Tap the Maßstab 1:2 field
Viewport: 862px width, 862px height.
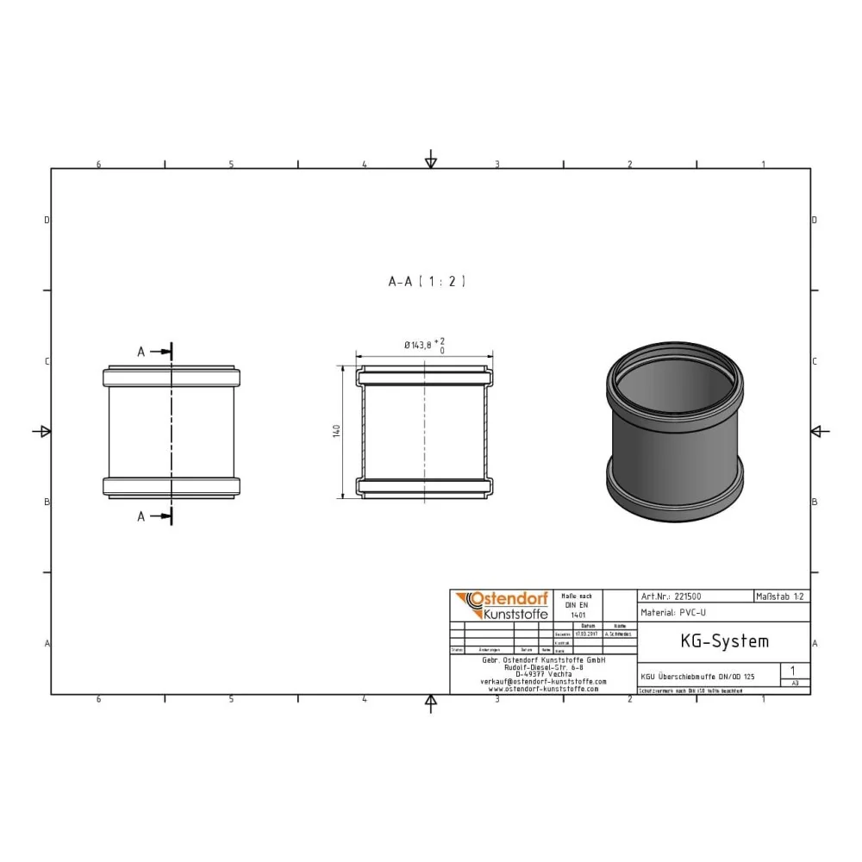pyautogui.click(x=781, y=596)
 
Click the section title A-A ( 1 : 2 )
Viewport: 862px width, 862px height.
pyautogui.click(x=427, y=281)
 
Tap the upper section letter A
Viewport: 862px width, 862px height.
pyautogui.click(x=141, y=351)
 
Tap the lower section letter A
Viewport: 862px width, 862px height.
pyautogui.click(x=141, y=516)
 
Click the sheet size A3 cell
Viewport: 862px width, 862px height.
pyautogui.click(x=794, y=682)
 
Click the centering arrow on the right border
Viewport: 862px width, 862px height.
pyautogui.click(x=820, y=431)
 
